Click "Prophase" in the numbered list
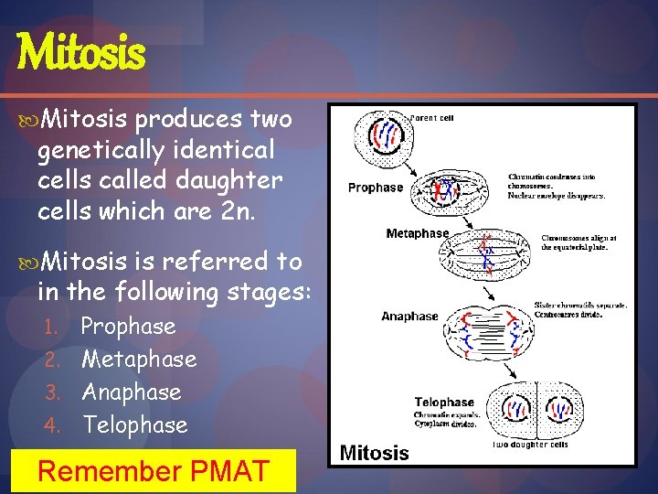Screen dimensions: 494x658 pyautogui.click(x=128, y=327)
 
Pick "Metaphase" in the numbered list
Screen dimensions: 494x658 pyautogui.click(x=139, y=360)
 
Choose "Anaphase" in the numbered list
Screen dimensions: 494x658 pyautogui.click(x=132, y=392)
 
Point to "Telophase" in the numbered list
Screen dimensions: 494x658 pyautogui.click(x=134, y=425)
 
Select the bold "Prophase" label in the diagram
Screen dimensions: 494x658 pyautogui.click(x=375, y=188)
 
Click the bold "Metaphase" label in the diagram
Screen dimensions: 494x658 pyautogui.click(x=417, y=233)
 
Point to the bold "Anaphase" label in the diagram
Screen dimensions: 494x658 pyautogui.click(x=409, y=317)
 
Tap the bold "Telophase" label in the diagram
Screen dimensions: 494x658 pyautogui.click(x=444, y=402)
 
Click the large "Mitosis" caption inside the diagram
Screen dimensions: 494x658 pyautogui.click(x=374, y=453)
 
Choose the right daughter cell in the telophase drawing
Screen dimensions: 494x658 pyautogui.click(x=562, y=407)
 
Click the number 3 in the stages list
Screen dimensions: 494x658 pyautogui.click(x=53, y=393)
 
